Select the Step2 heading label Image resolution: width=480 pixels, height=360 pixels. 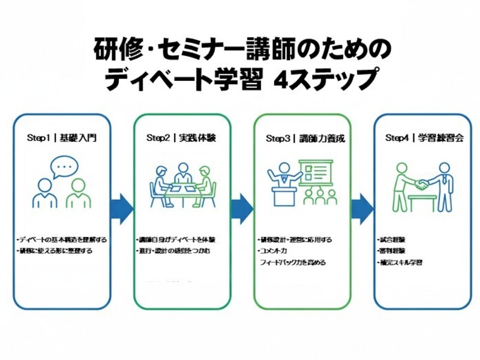point(181,138)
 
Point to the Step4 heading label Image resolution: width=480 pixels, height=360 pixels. point(420,138)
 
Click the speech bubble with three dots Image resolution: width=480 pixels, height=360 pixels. point(64,166)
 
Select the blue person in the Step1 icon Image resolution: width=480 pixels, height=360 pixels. point(44,194)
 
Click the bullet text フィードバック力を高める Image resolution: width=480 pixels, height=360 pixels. point(292,262)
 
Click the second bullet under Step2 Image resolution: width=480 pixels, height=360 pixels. point(173,251)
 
